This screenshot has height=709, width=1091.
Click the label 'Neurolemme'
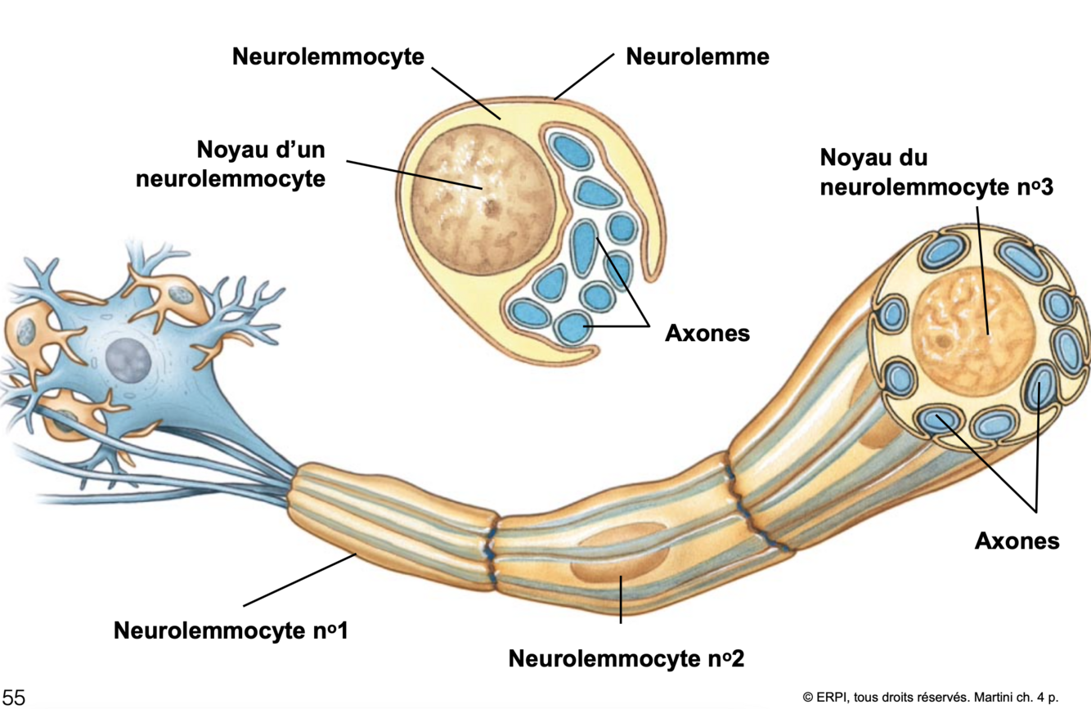(697, 56)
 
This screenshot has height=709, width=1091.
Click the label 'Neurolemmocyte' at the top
(329, 56)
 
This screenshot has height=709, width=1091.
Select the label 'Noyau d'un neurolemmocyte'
(261, 164)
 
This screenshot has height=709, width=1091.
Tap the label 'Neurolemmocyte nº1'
(231, 630)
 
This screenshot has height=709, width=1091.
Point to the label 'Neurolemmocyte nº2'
(626, 657)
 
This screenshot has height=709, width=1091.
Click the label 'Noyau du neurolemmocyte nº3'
(936, 172)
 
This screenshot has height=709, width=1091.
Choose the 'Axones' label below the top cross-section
(707, 333)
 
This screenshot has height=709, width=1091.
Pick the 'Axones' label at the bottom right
(1017, 540)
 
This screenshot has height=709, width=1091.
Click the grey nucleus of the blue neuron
(128, 361)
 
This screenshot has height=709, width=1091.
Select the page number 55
(14, 697)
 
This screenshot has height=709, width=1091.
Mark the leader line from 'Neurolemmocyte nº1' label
(299, 580)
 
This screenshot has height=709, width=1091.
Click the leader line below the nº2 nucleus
(621, 601)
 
